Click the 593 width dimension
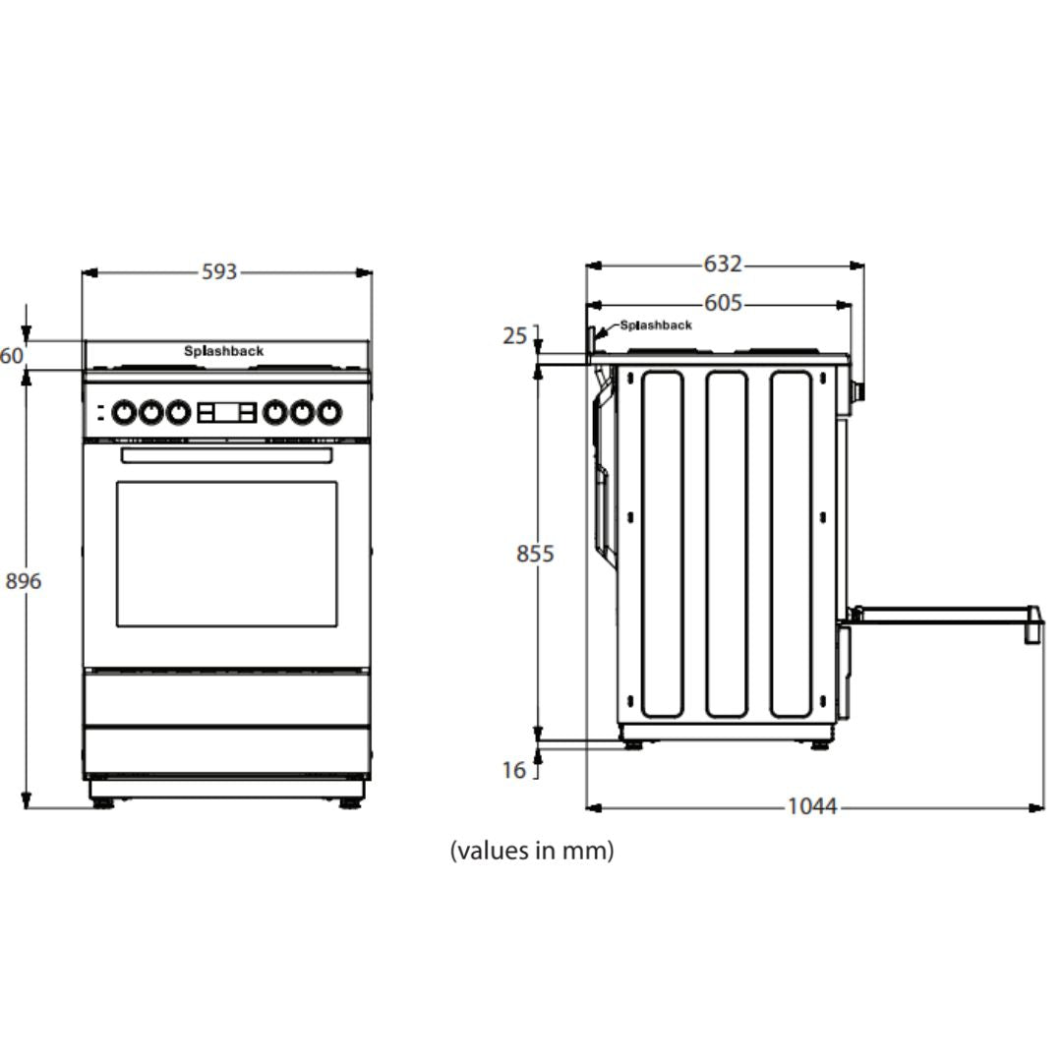(219, 271)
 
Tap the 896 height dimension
(23, 581)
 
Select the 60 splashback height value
(12, 356)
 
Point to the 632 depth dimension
(723, 264)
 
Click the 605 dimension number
(723, 303)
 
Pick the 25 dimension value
(514, 336)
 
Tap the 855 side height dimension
(535, 554)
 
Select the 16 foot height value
(514, 770)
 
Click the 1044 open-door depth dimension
(812, 806)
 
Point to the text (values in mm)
(532, 851)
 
